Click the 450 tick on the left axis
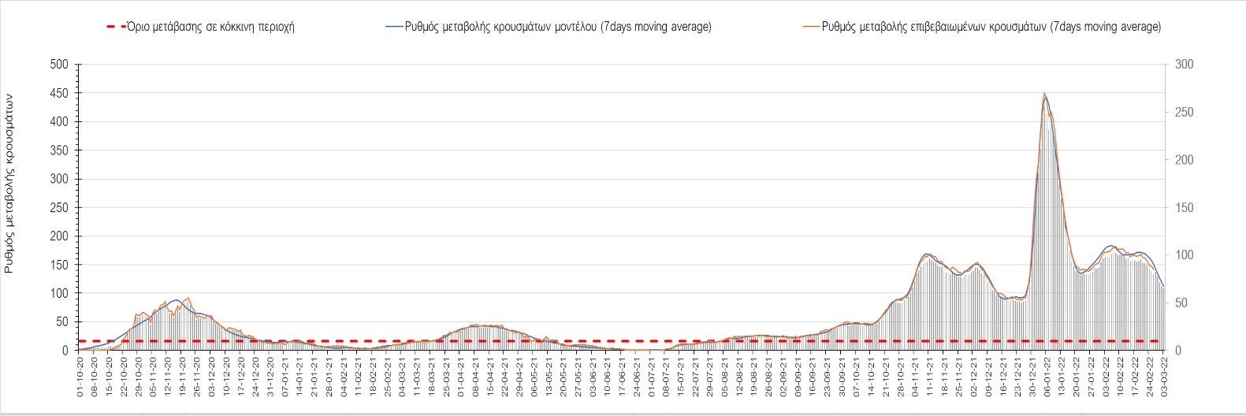click(x=60, y=93)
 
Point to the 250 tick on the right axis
click(x=1184, y=112)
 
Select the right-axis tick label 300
click(x=1184, y=64)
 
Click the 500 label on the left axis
click(x=60, y=64)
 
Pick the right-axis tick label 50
click(x=1181, y=303)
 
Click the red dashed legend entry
click(x=201, y=27)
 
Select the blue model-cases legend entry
click(x=549, y=27)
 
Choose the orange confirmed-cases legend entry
click(x=981, y=27)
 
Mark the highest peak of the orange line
click(x=1044, y=93)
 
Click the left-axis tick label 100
click(x=60, y=293)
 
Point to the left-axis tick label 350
click(x=60, y=150)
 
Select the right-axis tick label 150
click(x=1184, y=207)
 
